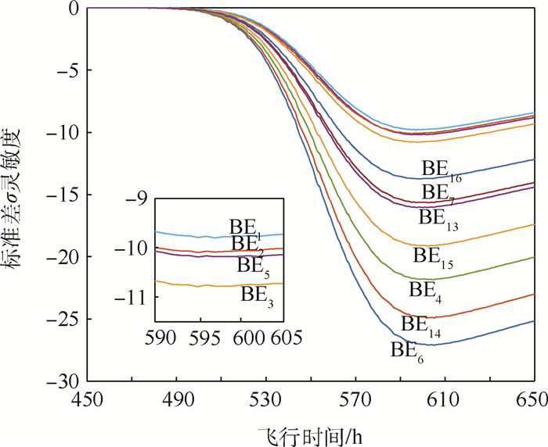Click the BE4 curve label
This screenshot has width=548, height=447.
pos(427,290)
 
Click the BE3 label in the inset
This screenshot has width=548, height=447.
pos(261,295)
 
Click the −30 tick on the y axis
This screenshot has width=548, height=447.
pos(62,381)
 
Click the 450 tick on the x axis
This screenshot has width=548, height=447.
pos(87,400)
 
